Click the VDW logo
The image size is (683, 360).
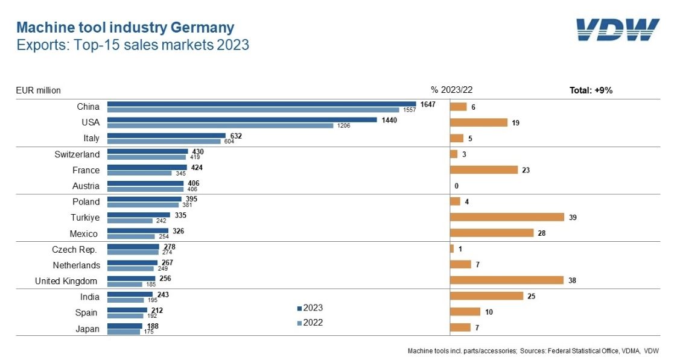[617, 30]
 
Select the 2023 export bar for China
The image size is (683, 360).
[261, 104]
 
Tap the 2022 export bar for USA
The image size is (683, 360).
[220, 125]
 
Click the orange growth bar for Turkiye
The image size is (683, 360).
[507, 217]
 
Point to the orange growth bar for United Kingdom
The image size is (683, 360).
[507, 280]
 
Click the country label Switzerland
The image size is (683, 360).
[77, 154]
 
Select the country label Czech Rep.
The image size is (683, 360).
[75, 249]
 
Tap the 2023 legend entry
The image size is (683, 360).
[310, 308]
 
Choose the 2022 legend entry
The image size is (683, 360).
[310, 323]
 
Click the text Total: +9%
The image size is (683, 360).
[591, 90]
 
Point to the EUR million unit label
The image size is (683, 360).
[38, 90]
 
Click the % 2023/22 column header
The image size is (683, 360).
[451, 90]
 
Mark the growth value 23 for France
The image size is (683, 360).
[526, 170]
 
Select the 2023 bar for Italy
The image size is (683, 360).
[166, 136]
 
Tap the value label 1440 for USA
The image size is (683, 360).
[389, 119]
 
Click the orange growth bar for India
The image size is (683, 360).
[486, 296]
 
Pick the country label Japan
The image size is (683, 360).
[87, 329]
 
